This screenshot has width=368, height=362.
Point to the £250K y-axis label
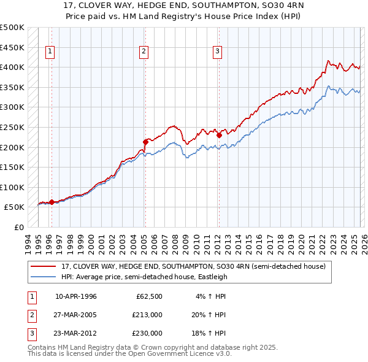12,127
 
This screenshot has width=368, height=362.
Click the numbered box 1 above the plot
49,52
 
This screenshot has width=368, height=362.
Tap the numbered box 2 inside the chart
144,52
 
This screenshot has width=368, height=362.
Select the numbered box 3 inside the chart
218,52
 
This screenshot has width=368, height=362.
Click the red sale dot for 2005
145,142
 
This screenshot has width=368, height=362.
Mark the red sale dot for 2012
219,135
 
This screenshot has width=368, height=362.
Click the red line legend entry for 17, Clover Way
196,266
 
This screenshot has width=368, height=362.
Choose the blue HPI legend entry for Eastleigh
144,277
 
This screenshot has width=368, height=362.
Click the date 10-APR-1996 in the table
75,296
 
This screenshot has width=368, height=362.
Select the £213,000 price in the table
147,315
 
